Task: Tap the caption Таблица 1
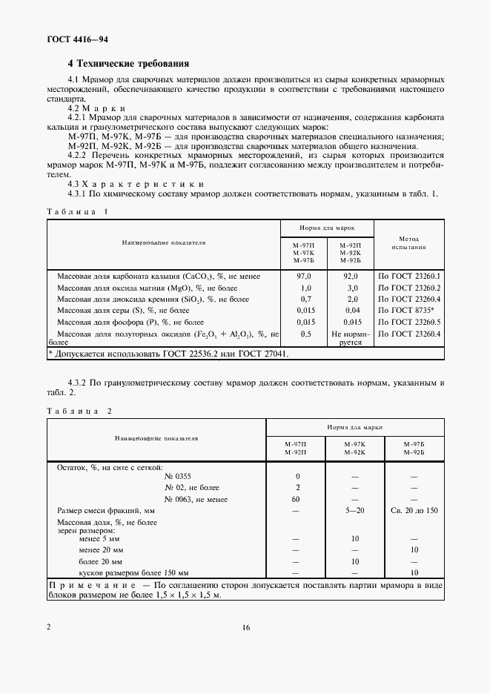77,211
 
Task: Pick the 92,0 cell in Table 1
352,276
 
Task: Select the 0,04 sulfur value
352,311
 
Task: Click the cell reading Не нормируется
352,338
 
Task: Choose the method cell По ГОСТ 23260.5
409,323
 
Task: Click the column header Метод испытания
408,244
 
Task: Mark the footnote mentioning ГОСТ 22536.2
168,354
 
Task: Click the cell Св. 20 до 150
414,511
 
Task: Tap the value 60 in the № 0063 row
298,499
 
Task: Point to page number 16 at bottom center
245,627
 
